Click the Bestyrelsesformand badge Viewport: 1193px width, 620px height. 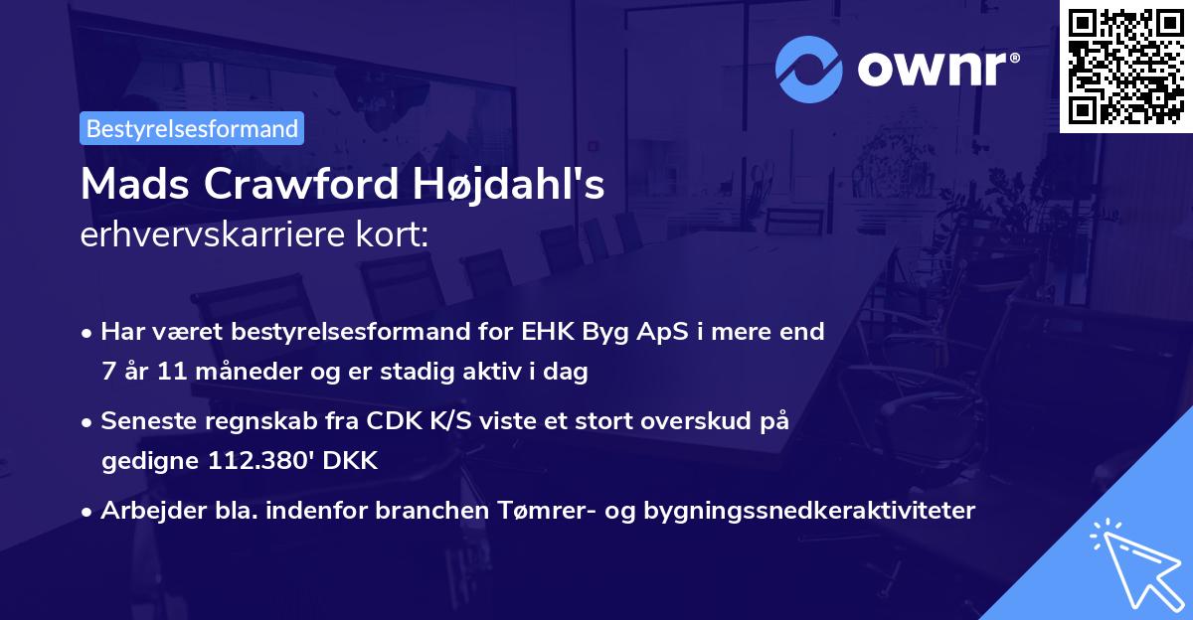pos(192,128)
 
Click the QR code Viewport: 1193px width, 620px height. pos(1125,66)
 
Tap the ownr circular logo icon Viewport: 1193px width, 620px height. pos(809,68)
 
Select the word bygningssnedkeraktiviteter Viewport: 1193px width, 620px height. pos(809,511)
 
